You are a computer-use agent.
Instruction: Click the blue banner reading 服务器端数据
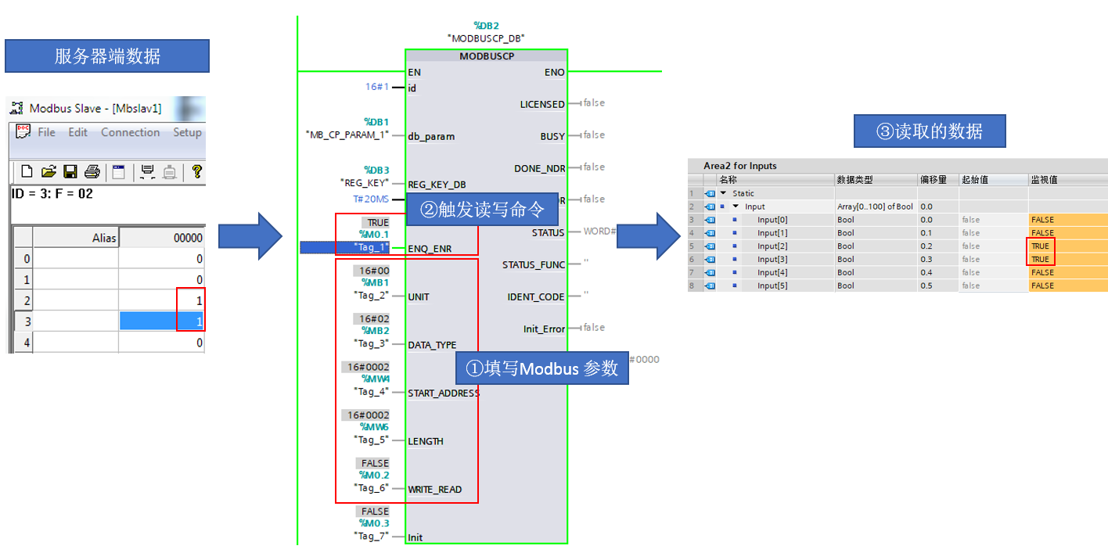click(x=107, y=56)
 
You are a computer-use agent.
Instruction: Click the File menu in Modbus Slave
click(x=46, y=132)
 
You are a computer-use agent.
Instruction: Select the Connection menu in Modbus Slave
click(x=130, y=132)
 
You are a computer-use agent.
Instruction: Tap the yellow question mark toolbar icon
click(x=196, y=171)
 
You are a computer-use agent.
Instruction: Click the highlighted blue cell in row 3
click(x=161, y=321)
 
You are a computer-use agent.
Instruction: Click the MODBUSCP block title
click(x=486, y=56)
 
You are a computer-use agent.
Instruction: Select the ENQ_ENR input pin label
click(x=430, y=249)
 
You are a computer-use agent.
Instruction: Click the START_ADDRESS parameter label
click(x=443, y=393)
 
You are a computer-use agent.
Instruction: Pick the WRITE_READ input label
click(x=434, y=490)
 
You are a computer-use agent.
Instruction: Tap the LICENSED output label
click(x=542, y=104)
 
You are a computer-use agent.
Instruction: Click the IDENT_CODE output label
click(x=536, y=297)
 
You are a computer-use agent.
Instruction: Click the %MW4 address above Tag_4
click(x=373, y=379)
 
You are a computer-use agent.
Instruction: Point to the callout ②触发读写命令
click(x=481, y=210)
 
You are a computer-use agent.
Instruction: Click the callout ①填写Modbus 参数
click(x=541, y=368)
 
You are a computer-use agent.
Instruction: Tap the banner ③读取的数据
click(x=929, y=131)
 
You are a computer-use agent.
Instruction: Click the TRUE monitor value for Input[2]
click(x=1040, y=246)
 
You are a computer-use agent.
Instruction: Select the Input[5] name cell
click(x=772, y=286)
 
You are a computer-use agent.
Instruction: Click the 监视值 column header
click(x=1044, y=180)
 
